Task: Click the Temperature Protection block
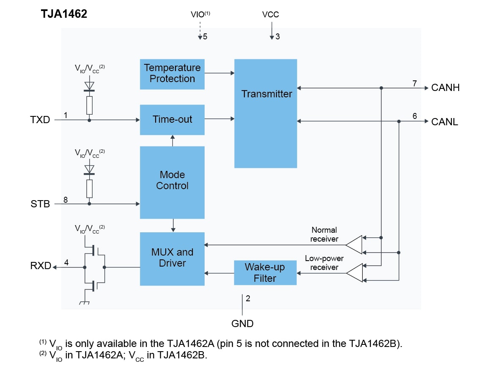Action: point(172,74)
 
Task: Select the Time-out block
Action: point(172,119)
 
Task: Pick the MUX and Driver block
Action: point(172,258)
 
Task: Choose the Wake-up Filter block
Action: point(265,273)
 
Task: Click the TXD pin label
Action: point(40,120)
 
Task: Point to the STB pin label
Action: point(40,204)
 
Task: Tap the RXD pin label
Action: point(41,266)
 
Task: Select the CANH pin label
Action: point(445,88)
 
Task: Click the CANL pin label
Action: point(445,122)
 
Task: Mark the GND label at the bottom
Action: point(243,324)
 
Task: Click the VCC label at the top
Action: point(271,15)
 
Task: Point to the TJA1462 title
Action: point(64,14)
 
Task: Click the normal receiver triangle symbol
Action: point(355,245)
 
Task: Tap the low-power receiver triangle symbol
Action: point(355,272)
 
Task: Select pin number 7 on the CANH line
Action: point(415,83)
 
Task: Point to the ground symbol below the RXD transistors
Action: point(83,302)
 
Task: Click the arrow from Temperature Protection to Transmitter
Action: point(219,73)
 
